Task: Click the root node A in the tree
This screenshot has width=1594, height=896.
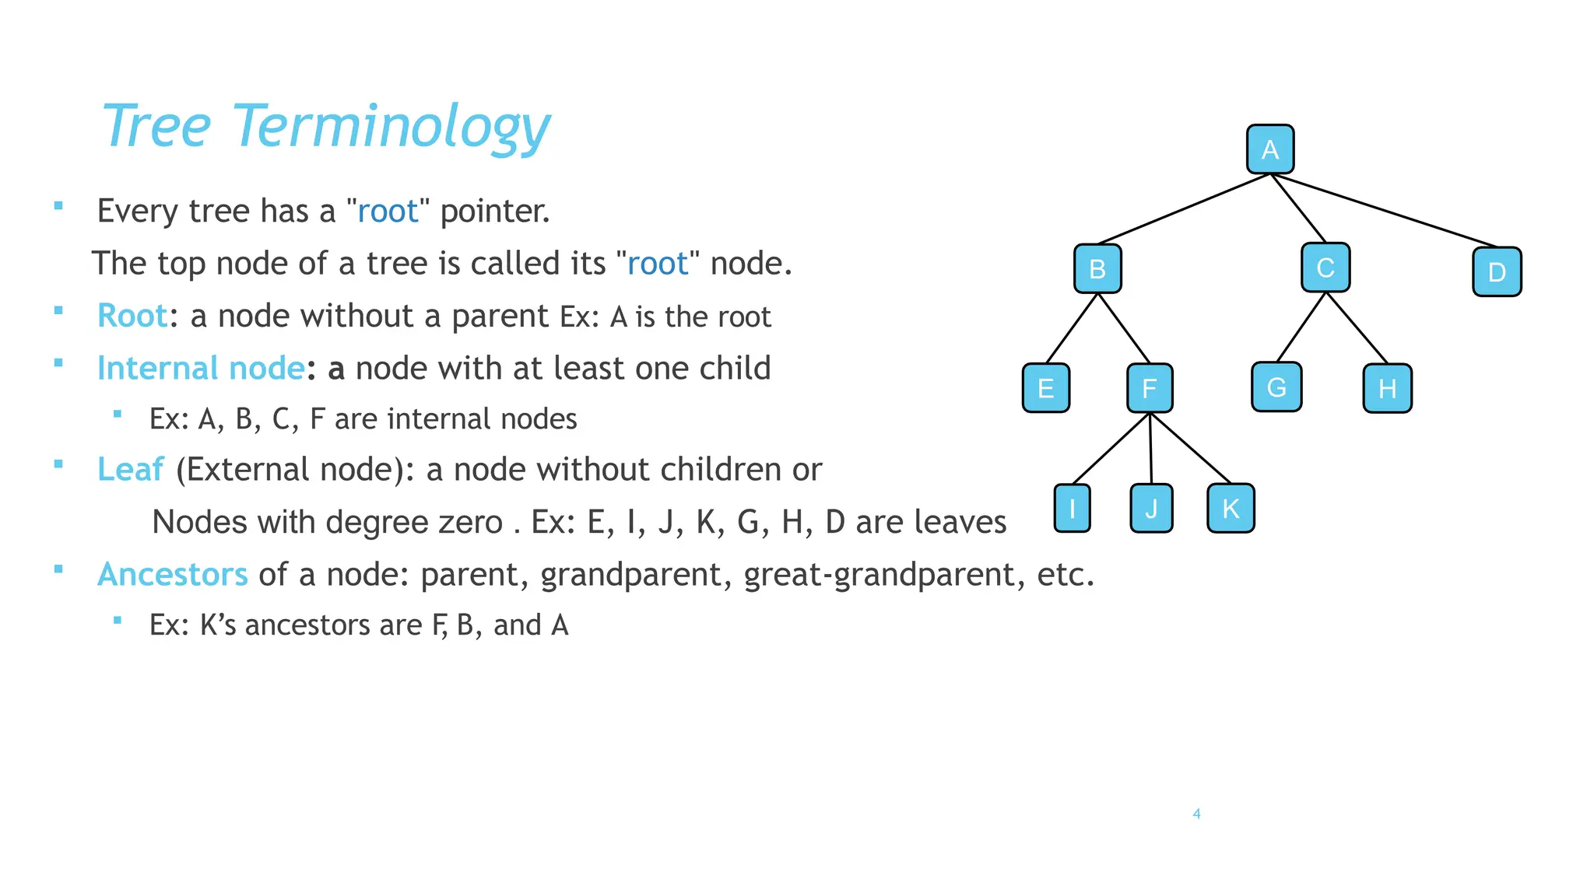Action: [1270, 149]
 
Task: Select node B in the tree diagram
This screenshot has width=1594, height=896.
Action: [1097, 269]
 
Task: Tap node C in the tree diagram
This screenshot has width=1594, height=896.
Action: [1325, 268]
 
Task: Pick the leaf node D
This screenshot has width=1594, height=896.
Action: [1497, 272]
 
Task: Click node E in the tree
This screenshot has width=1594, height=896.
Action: [1046, 388]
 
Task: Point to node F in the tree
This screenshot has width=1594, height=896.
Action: [1150, 388]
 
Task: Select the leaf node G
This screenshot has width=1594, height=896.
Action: [1276, 387]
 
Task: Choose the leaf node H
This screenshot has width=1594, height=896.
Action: [1387, 388]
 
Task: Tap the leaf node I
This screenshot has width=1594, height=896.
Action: [1073, 509]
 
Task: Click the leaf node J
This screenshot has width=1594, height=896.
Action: [1151, 509]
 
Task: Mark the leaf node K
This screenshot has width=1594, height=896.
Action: [1231, 509]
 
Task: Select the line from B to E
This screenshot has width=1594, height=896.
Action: [1072, 328]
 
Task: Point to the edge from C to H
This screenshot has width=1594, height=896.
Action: [1357, 327]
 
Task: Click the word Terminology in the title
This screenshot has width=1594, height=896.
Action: [391, 127]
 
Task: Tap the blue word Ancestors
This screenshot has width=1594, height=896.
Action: [172, 575]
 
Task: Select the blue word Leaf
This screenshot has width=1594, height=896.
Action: [130, 470]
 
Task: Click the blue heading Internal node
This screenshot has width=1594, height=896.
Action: [200, 369]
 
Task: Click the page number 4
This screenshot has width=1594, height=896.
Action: [1196, 814]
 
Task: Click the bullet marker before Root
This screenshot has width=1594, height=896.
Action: [58, 310]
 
